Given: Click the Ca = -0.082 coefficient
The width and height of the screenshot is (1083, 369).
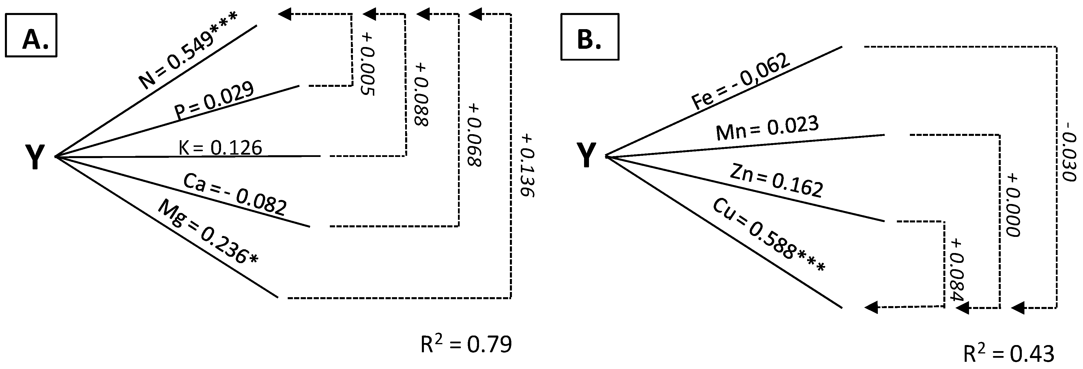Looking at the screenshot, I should [235, 195].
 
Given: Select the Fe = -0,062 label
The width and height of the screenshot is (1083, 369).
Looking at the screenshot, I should [741, 82].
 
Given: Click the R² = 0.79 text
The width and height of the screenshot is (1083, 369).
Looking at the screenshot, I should [467, 345].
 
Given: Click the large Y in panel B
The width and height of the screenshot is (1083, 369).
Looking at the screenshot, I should [586, 155].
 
